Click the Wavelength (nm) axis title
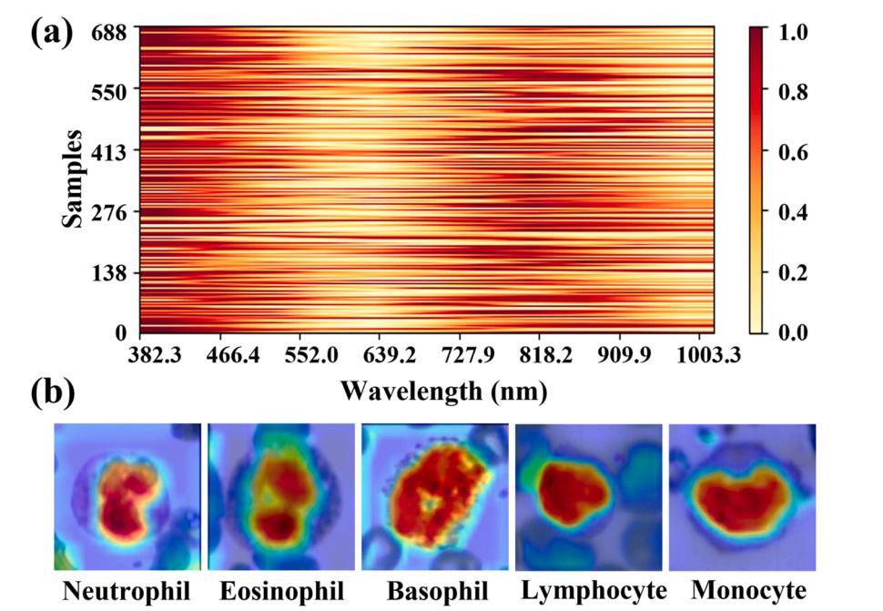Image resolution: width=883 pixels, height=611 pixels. click(x=444, y=392)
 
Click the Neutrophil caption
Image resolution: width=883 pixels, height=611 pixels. click(x=127, y=592)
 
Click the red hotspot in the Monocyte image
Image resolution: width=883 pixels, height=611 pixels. click(x=737, y=499)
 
